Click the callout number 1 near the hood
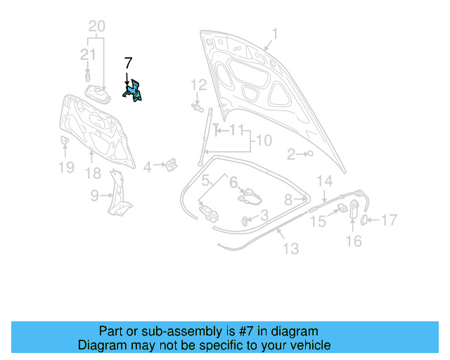(275, 33)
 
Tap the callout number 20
(96, 27)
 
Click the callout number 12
(199, 84)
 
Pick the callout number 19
(65, 167)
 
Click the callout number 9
(95, 197)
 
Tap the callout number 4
(148, 167)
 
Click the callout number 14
(323, 181)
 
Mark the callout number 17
(389, 220)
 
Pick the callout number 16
(354, 241)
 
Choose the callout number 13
(290, 248)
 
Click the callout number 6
(233, 181)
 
